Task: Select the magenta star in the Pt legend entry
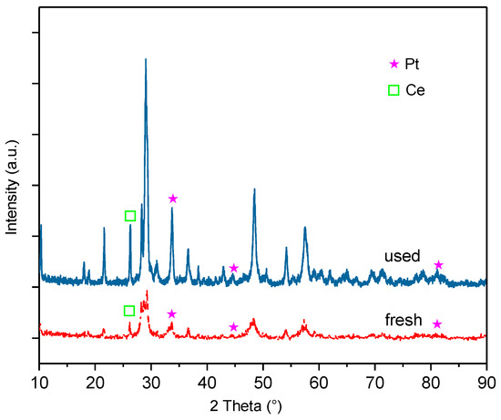(x=394, y=64)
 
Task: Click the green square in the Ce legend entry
(x=394, y=90)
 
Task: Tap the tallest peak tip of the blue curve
(x=146, y=59)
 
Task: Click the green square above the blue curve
(x=130, y=216)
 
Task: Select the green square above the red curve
(x=129, y=311)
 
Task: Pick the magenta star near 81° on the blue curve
(x=438, y=265)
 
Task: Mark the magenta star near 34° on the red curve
(x=171, y=314)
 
